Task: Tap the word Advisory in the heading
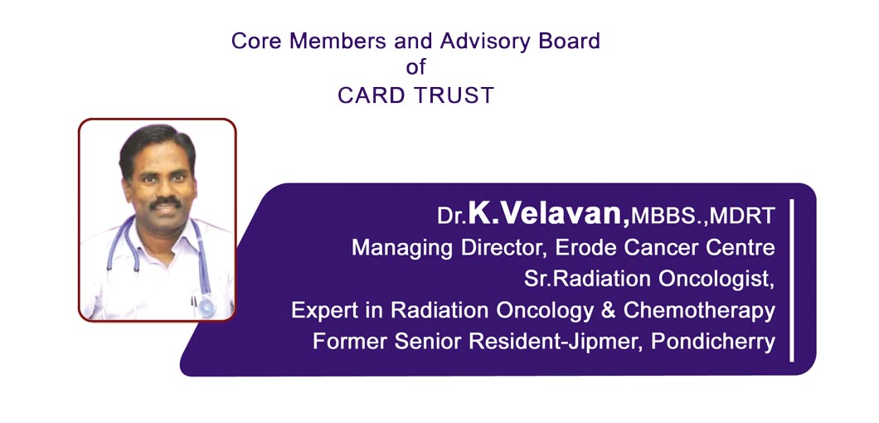point(478,41)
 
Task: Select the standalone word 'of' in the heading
point(415,67)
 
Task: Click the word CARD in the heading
point(372,95)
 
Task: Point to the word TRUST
point(454,95)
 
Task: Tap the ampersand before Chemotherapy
point(608,310)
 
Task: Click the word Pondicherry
point(713,342)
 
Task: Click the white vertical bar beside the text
point(792,280)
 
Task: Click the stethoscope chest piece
point(206,306)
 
